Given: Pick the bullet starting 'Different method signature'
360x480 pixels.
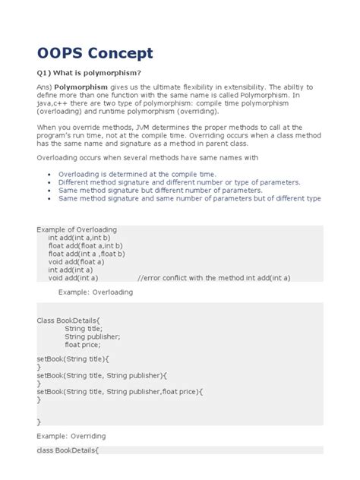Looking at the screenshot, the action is click(x=178, y=182).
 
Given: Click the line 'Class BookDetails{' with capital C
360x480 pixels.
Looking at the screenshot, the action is click(x=69, y=321).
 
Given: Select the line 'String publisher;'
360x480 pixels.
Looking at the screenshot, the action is click(x=93, y=336).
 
